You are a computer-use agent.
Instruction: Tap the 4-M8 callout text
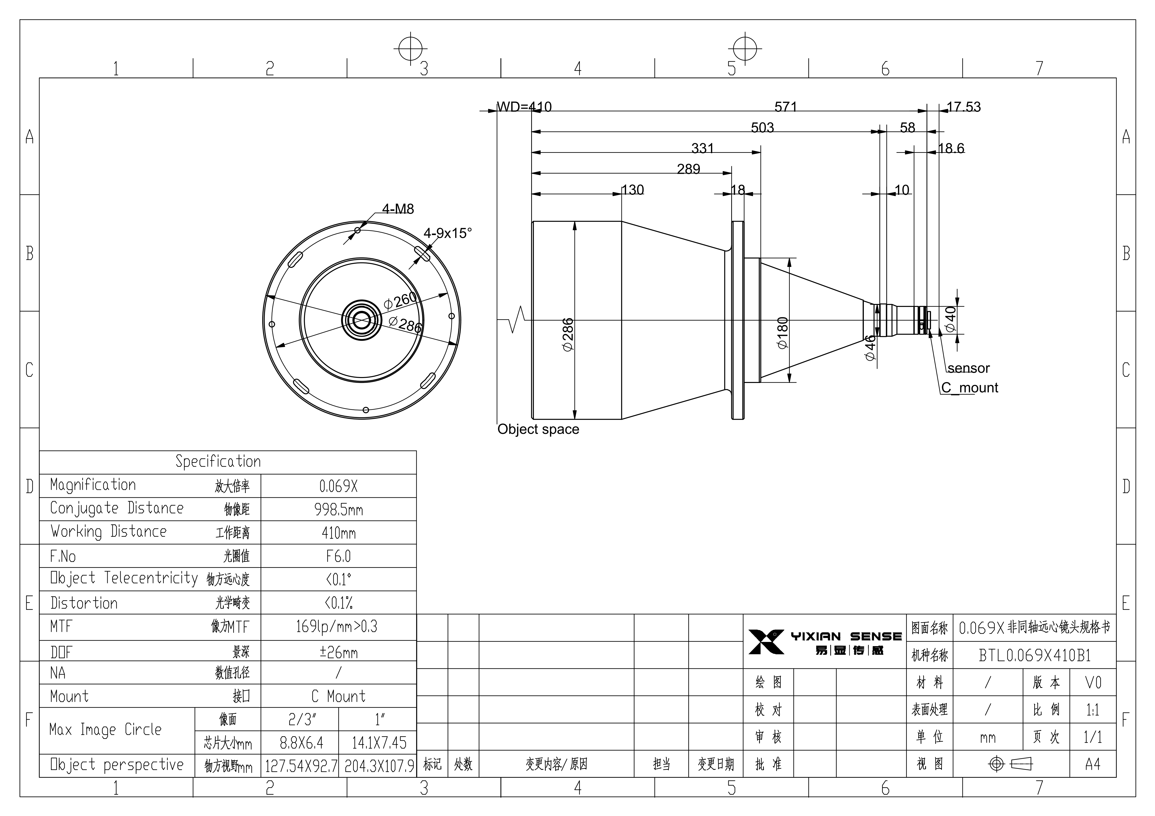click(398, 209)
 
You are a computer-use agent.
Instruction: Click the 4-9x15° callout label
click(448, 233)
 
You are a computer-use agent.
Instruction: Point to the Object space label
click(538, 429)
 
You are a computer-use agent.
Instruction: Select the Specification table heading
click(218, 461)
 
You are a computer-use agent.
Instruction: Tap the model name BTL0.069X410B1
click(1035, 655)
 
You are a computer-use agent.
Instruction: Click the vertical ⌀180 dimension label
click(783, 333)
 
